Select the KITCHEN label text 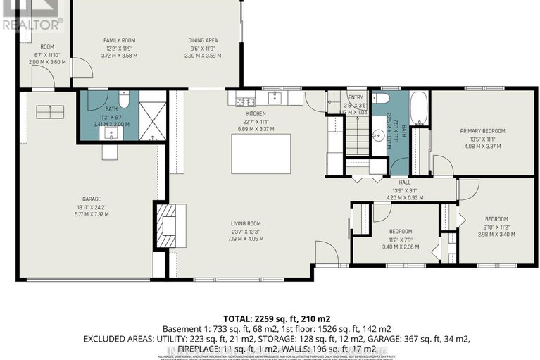(255, 113)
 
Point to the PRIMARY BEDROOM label (482, 131)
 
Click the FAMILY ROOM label (119, 40)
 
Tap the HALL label (405, 182)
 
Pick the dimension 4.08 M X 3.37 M (482, 147)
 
